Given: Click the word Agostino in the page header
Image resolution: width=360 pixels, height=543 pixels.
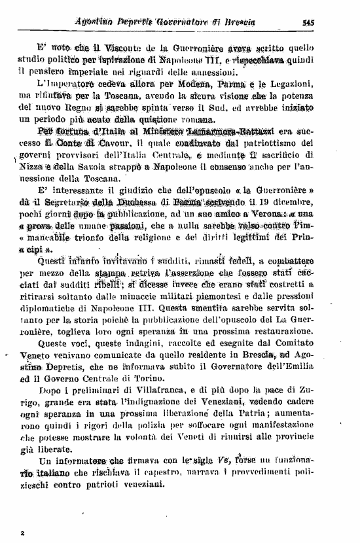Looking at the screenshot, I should tap(99, 20).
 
